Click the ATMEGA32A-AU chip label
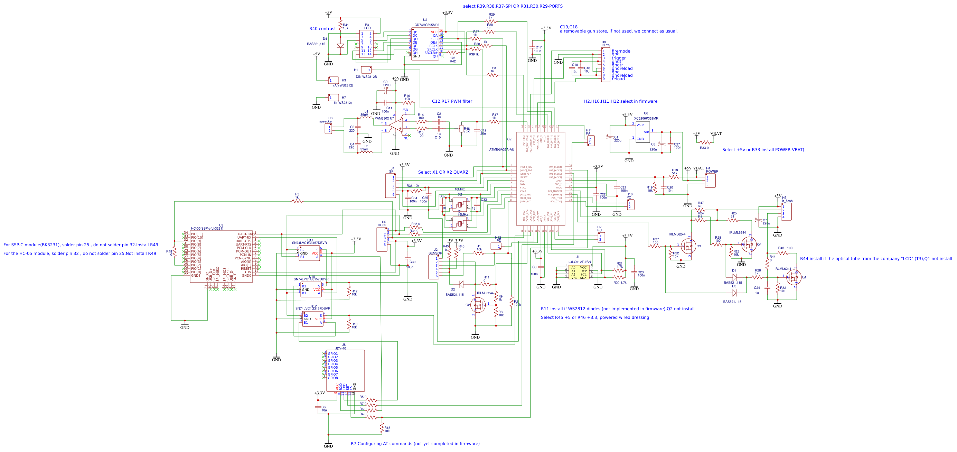point(501,150)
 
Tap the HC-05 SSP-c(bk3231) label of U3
point(207,229)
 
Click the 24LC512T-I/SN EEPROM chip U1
point(579,273)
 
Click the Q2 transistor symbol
point(478,305)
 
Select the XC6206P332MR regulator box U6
point(643,132)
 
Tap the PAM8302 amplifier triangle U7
point(396,126)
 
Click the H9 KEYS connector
point(606,65)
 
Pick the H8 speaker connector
point(328,129)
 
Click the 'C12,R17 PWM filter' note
point(452,101)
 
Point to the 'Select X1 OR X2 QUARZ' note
point(443,172)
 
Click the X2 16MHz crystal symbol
point(460,205)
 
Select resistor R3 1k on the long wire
point(297,202)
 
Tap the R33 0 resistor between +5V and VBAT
point(705,143)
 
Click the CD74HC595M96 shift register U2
point(425,44)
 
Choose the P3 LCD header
point(366,44)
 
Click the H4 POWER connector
point(710,181)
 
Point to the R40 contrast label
point(322,29)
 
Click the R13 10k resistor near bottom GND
point(382,428)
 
